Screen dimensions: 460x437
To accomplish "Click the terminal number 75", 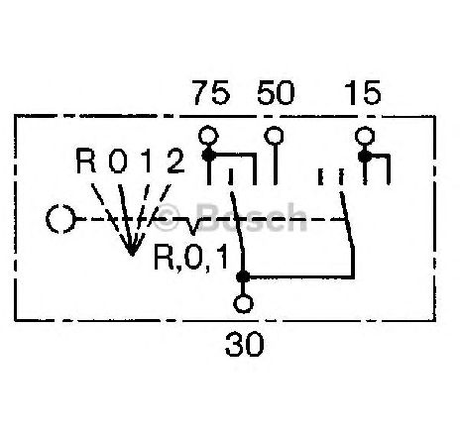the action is click(x=212, y=93).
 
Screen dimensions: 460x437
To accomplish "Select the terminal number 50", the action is click(x=276, y=93).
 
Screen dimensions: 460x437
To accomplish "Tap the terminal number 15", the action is click(x=364, y=93).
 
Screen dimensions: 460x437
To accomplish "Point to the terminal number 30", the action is click(x=245, y=344).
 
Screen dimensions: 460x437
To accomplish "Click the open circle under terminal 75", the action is click(x=208, y=136).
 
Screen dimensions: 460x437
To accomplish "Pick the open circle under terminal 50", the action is click(x=274, y=136).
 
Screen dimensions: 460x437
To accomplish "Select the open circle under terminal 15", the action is click(x=365, y=136).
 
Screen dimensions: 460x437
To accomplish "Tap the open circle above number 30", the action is click(x=244, y=304).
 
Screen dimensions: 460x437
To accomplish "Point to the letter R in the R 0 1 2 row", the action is click(x=85, y=161).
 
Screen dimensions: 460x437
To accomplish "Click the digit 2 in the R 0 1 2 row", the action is click(x=175, y=161).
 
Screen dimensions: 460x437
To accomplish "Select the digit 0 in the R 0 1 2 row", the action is click(x=118, y=161).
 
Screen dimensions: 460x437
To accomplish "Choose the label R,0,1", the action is click(x=191, y=258).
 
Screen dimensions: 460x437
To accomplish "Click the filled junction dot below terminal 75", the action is click(x=208, y=155).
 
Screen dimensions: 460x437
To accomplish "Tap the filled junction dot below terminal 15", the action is click(x=365, y=157).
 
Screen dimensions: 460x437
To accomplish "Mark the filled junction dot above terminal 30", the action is click(x=243, y=276).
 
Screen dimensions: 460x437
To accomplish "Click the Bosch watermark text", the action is click(x=251, y=218).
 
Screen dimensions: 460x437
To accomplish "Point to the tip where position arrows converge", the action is click(x=132, y=255).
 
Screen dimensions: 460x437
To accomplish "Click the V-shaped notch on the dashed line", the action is click(x=192, y=226).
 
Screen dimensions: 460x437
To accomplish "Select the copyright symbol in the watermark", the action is click(x=167, y=218).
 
